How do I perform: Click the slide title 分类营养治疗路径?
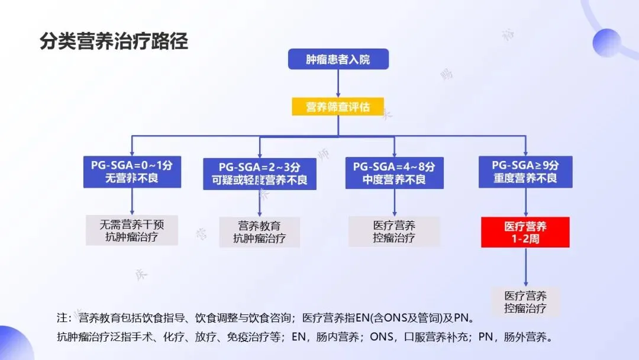tap(114, 41)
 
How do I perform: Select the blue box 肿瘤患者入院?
tap(338, 59)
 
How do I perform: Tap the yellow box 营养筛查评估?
tap(338, 107)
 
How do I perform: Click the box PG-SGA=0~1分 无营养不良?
tap(132, 172)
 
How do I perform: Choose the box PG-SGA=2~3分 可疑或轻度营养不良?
tap(260, 173)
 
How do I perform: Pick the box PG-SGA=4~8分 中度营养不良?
tap(394, 172)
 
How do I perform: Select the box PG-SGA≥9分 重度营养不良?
tap(525, 172)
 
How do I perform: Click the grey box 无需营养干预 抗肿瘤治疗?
tap(131, 231)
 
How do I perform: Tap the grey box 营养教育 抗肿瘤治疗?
tap(260, 232)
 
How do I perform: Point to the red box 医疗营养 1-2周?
tap(525, 232)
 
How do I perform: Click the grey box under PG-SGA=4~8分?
tap(394, 232)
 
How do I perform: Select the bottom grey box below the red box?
tap(525, 301)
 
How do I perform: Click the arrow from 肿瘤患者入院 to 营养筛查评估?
tap(338, 83)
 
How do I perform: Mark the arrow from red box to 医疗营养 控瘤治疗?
tap(525, 267)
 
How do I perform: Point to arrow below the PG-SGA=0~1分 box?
tap(132, 201)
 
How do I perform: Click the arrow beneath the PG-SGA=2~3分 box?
tap(260, 204)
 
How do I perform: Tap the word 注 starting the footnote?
tap(61, 319)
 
